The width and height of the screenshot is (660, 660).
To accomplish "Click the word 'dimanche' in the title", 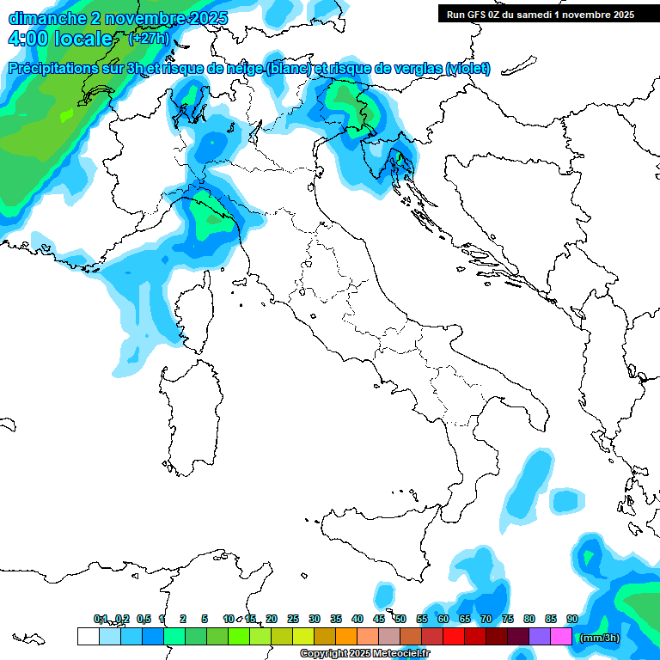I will click(x=38, y=18).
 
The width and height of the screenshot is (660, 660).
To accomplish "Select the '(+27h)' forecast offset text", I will click(x=147, y=39).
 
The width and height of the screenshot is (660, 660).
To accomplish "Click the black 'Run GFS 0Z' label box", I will click(x=541, y=15).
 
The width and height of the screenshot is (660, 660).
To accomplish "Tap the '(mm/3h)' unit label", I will click(x=599, y=638).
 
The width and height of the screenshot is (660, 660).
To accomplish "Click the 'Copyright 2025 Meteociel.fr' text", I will click(x=364, y=654).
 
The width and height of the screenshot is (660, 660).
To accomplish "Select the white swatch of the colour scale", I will click(x=88, y=636).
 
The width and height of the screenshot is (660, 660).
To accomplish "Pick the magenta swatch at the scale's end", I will click(x=561, y=636).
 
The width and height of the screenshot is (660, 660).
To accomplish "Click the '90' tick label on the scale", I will click(x=571, y=619).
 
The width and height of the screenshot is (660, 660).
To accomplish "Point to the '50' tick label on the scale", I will click(x=400, y=619).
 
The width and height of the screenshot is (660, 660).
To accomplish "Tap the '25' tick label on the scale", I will click(x=293, y=619).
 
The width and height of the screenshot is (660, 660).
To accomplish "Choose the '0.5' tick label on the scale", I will click(x=144, y=619).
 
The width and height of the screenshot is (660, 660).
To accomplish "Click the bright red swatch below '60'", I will click(x=454, y=636).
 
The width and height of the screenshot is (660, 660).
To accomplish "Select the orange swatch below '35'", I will click(x=346, y=636).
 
